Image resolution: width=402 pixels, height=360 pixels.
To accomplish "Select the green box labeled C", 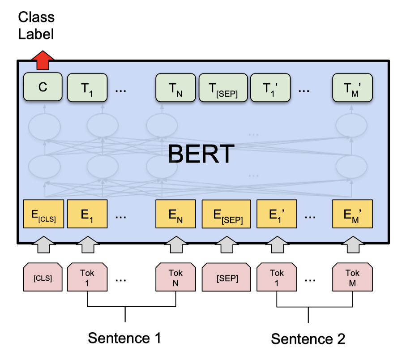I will [x=43, y=87].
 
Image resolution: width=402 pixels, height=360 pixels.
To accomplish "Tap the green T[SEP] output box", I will [x=222, y=87].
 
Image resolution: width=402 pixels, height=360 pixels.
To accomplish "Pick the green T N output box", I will [x=175, y=87].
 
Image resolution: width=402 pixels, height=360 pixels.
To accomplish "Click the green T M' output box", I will [x=352, y=87].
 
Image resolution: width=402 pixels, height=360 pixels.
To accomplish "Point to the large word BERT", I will [x=201, y=154].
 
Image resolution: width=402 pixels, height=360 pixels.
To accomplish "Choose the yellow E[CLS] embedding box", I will [x=43, y=214].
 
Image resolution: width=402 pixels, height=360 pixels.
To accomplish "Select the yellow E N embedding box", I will [x=175, y=214].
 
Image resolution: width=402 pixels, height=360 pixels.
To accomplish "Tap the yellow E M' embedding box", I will [x=352, y=214].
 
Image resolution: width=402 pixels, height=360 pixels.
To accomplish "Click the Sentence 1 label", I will [x=124, y=338].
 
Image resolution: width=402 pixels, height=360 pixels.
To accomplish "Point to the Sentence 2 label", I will [x=308, y=339].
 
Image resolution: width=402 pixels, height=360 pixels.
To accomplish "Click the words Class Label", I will [x=36, y=25].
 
